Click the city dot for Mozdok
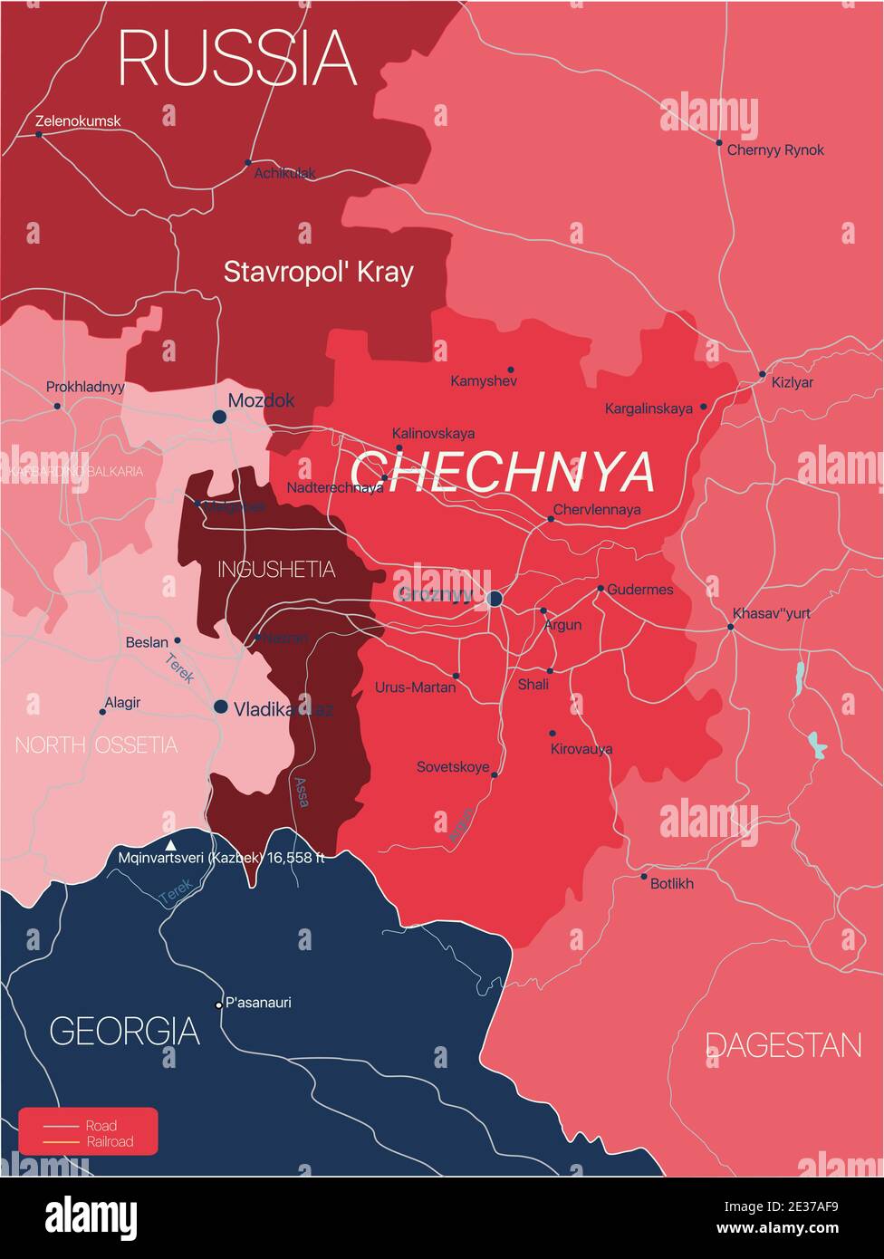219,417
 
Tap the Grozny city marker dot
495,599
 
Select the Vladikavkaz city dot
221,706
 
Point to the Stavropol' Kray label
318,272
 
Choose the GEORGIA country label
124,1032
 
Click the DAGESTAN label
783,1046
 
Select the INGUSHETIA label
276,570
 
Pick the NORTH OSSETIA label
96,745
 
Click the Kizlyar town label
793,383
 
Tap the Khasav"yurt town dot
731,626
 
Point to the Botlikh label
672,883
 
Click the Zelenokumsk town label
78,121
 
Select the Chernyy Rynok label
775,150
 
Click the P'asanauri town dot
218,1004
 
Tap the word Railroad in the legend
110,1141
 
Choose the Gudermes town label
640,590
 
